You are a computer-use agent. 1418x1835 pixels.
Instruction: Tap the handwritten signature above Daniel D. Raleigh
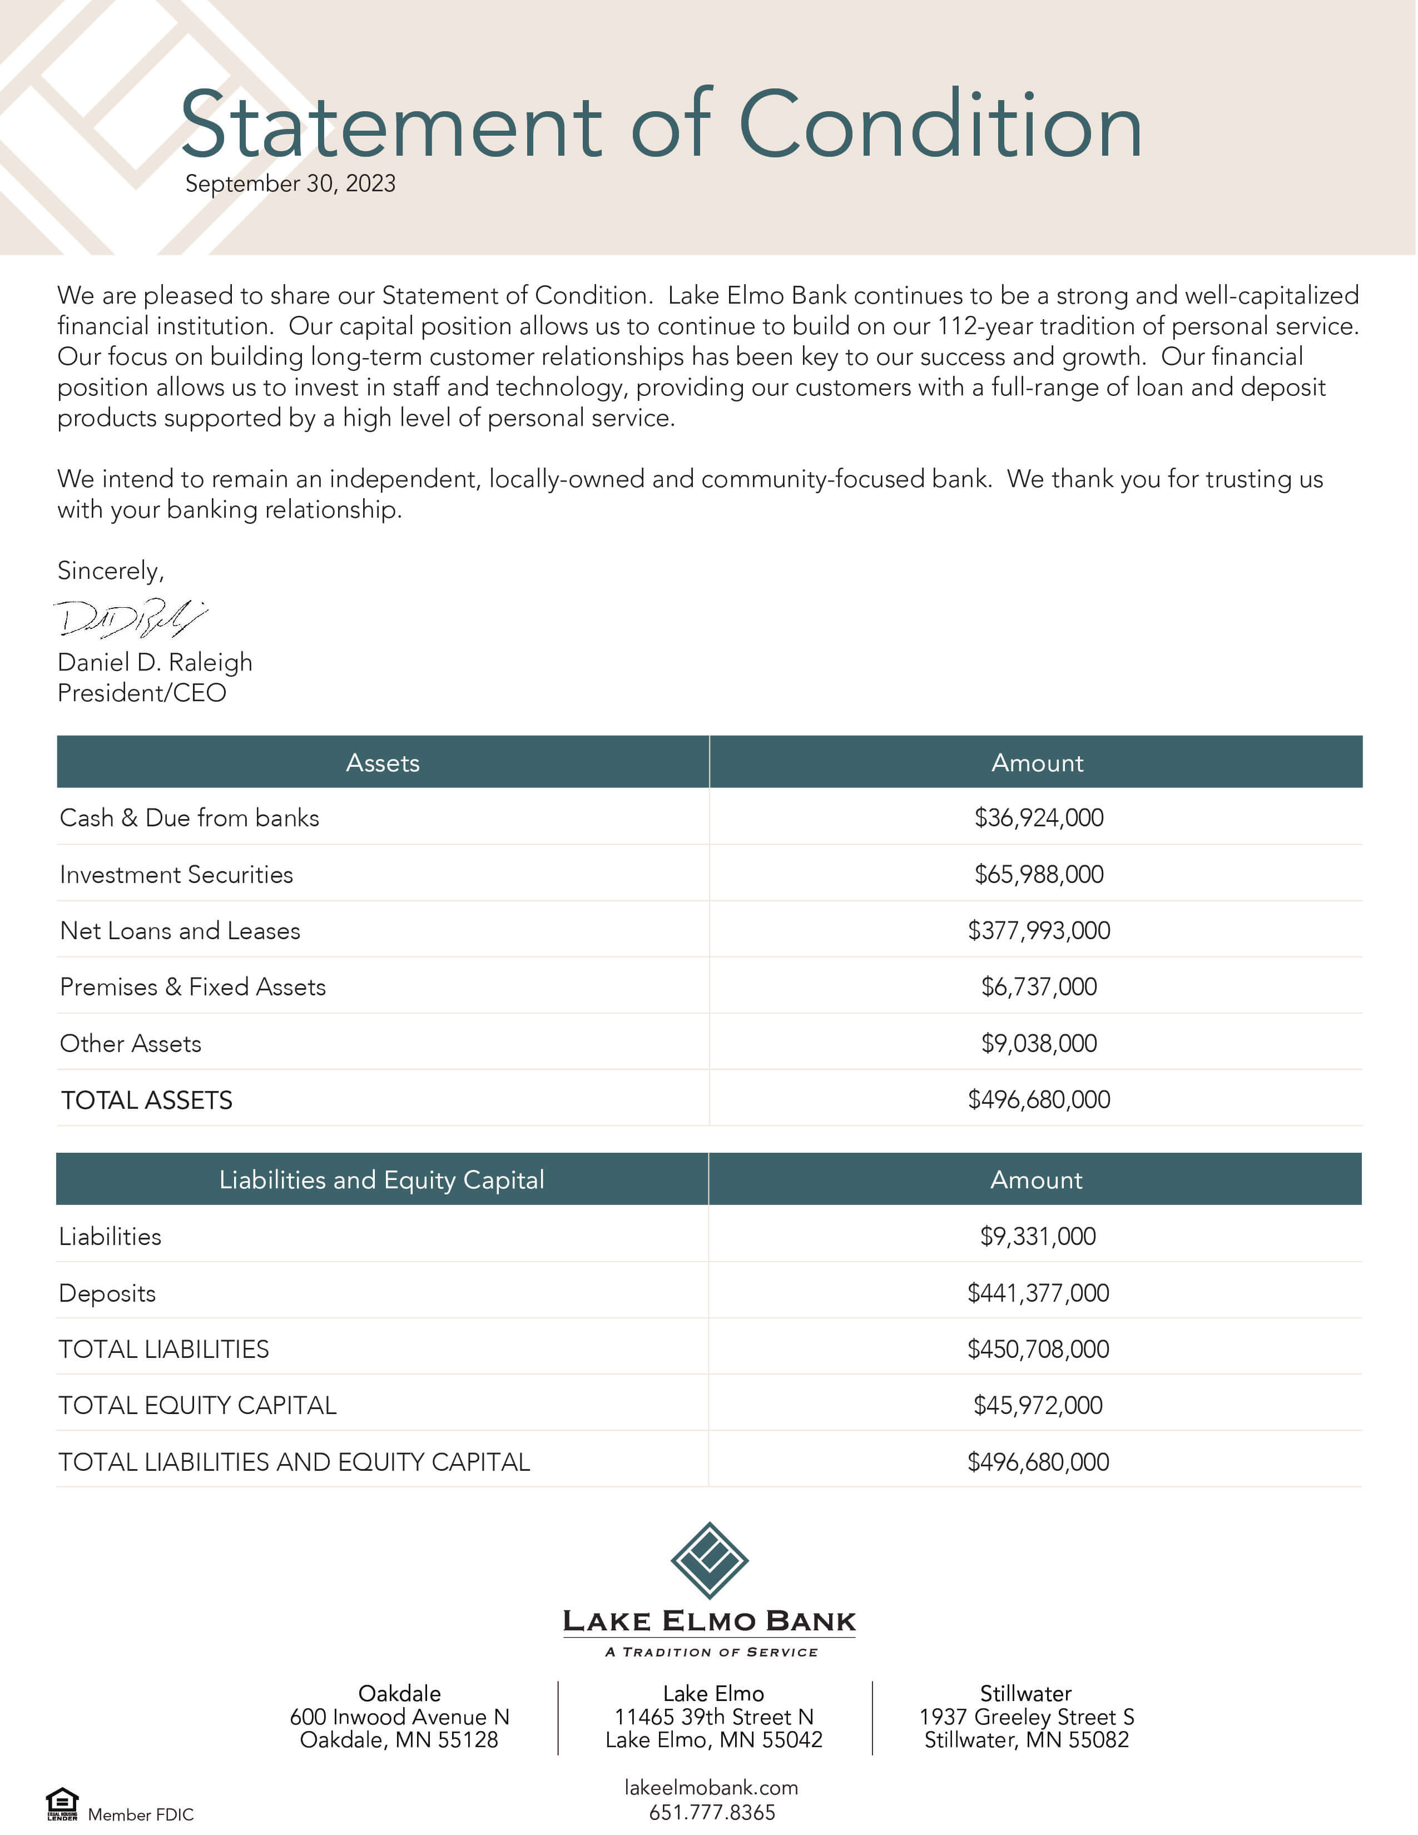click(130, 618)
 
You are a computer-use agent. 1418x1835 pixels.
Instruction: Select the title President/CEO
click(142, 693)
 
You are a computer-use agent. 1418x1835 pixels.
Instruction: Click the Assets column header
click(382, 763)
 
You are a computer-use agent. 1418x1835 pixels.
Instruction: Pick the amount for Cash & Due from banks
click(1038, 817)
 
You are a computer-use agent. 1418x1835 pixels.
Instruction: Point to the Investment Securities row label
click(176, 875)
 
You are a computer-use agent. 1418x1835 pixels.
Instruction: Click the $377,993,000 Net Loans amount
click(1038, 930)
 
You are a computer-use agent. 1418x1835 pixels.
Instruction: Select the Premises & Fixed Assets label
click(192, 987)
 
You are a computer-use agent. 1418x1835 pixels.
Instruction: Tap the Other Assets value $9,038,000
click(1038, 1044)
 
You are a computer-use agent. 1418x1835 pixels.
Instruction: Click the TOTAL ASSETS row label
click(146, 1100)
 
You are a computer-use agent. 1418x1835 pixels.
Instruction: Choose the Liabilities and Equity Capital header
click(381, 1179)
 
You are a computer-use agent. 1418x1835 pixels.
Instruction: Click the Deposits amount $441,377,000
click(1038, 1293)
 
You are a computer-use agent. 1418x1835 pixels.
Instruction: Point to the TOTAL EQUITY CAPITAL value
click(1038, 1406)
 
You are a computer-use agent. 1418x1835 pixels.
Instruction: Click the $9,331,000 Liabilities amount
click(1038, 1237)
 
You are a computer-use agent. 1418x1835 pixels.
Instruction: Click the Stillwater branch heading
click(1026, 1694)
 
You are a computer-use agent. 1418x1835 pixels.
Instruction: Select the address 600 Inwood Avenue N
click(399, 1717)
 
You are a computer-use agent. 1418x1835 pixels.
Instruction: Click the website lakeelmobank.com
click(711, 1788)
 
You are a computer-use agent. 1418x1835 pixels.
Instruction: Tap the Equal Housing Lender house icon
click(62, 1803)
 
